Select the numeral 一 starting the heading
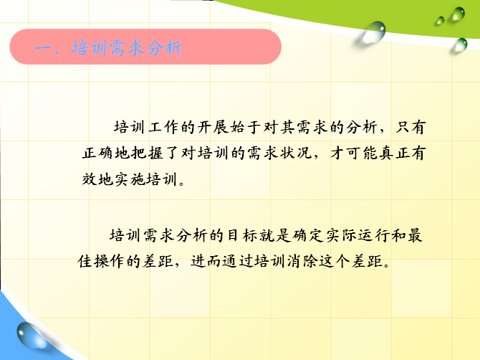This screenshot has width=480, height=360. [x=43, y=48]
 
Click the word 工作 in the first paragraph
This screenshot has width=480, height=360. [x=163, y=127]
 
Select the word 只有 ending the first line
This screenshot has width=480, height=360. [x=411, y=127]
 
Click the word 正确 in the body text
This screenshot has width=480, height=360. [x=97, y=153]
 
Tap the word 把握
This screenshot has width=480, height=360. [x=147, y=153]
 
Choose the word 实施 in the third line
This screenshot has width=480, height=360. [x=130, y=179]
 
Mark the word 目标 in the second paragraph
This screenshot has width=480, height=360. [x=241, y=235]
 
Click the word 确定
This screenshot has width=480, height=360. [x=307, y=235]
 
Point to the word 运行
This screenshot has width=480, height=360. [x=373, y=235]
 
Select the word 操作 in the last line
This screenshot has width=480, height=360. [x=110, y=261]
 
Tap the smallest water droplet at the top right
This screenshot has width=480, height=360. [x=440, y=21]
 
